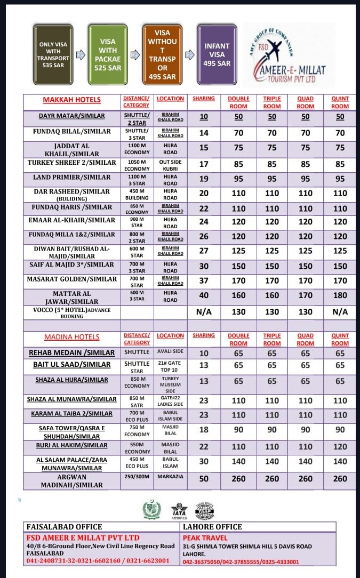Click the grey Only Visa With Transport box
54,54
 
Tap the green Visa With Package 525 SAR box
108,54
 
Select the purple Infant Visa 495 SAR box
217,54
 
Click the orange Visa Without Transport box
162,54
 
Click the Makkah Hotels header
71,100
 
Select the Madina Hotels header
71,337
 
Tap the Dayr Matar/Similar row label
71,116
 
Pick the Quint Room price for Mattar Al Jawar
340,295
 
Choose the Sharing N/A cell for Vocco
204,311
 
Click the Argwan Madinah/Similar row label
71,481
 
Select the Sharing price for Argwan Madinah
204,479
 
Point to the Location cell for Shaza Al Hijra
170,384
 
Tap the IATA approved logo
179,511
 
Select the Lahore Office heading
212,527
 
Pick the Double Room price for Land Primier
238,179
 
